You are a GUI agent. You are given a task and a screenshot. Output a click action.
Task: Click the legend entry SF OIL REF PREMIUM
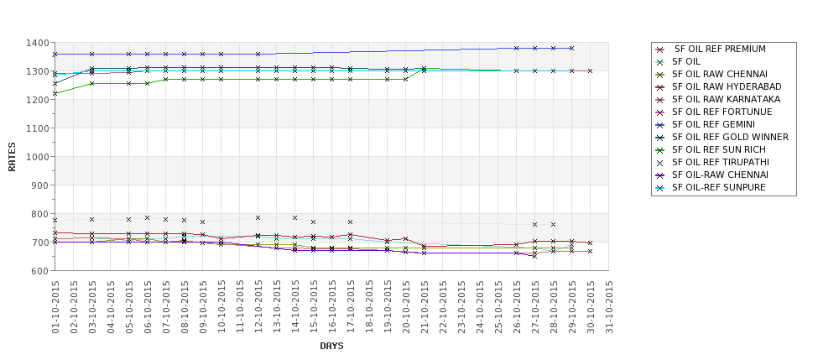(x=720, y=49)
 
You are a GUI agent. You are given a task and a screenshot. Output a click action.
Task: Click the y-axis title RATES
(x=13, y=156)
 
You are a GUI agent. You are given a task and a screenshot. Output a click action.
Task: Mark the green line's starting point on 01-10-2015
(x=55, y=94)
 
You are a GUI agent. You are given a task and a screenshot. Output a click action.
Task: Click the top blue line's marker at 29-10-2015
(x=571, y=49)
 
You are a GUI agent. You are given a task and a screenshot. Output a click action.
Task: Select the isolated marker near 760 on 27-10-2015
(x=534, y=225)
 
